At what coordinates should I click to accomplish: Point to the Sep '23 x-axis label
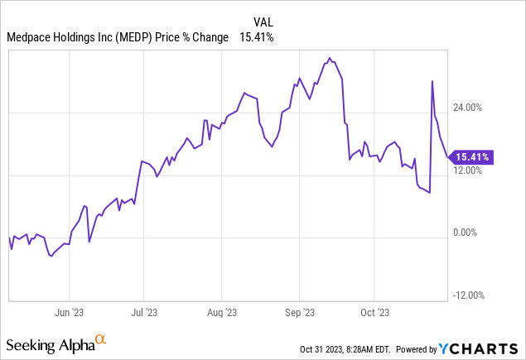[299, 312]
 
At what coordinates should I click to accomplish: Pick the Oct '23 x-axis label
[374, 312]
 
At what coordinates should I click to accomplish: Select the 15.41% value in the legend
[257, 37]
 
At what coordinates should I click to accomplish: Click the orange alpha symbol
[100, 338]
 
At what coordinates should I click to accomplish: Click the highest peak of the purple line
[330, 58]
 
